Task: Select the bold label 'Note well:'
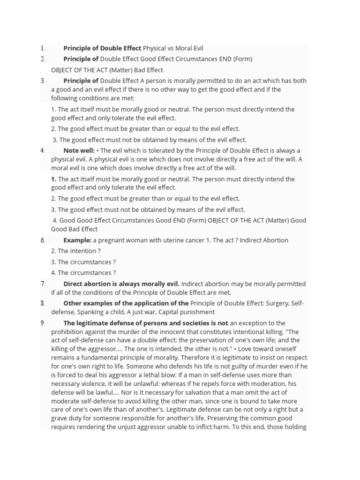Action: coord(79,150)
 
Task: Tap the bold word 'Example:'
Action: coord(77,240)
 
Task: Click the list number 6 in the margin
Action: coord(43,240)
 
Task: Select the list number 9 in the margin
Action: coord(43,323)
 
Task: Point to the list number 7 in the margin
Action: coord(43,284)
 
